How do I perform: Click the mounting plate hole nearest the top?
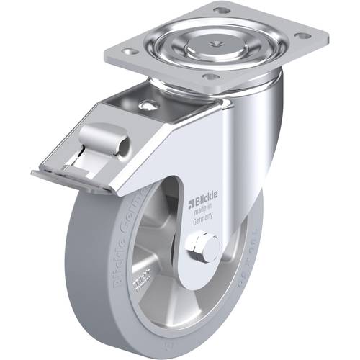click(220, 10)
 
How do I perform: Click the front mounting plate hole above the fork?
click(210, 76)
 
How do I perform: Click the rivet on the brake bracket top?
click(148, 106)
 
